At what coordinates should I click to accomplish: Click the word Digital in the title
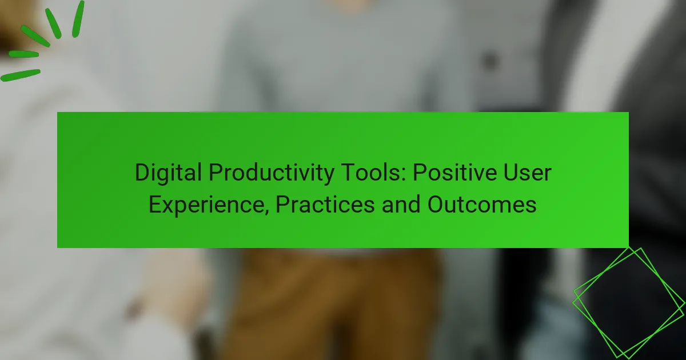168,173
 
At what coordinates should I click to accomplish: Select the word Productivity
272,173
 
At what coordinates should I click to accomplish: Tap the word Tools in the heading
370,173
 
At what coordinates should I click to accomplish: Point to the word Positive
454,173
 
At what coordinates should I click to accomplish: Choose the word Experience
206,205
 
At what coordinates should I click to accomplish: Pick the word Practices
325,205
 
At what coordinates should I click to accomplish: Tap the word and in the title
401,205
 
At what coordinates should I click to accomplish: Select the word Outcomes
482,205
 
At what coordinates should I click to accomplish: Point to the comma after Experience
266,211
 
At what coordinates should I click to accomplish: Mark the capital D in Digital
142,173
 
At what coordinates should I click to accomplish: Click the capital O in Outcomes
436,204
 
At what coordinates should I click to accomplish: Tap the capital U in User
511,173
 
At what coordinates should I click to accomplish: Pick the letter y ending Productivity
328,176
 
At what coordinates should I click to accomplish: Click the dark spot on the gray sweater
489,61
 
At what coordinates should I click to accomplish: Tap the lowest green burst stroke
21,75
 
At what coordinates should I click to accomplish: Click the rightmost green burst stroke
78,19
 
